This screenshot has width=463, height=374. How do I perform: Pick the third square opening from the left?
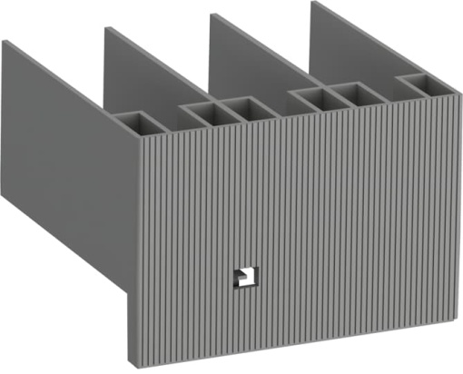click(243, 108)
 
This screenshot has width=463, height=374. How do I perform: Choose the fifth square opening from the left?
click(353, 93)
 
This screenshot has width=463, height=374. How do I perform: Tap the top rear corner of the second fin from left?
click(107, 29)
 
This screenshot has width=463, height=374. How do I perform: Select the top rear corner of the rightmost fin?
click(313, 3)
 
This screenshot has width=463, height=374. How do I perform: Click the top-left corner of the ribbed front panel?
click(138, 137)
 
